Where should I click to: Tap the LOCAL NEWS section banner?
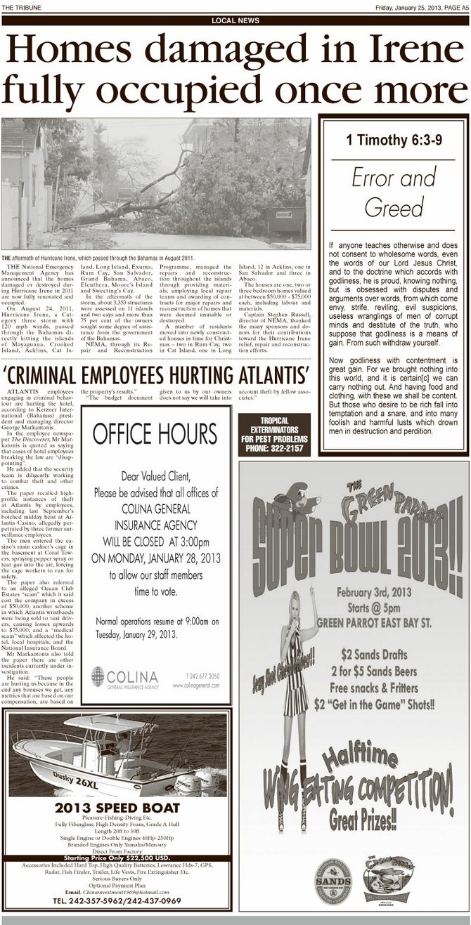click(235, 20)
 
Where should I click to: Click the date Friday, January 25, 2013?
click(403, 7)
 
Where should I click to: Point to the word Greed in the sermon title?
click(394, 207)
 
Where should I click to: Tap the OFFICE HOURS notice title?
click(155, 433)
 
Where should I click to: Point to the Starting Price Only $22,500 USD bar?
click(117, 858)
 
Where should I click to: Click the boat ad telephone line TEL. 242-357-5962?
click(117, 900)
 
